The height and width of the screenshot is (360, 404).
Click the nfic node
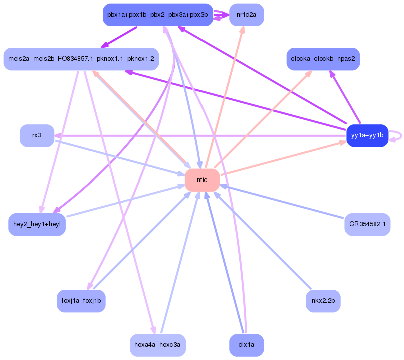coord(203,180)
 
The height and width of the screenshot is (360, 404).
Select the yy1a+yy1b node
coord(367,136)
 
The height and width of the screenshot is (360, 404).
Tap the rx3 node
coord(37,136)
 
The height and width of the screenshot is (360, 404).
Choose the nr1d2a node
coord(246,15)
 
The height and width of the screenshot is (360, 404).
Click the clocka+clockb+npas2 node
coord(323,59)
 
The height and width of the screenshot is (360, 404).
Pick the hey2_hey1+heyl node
coord(37,224)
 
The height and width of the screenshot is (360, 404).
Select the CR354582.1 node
coord(367,224)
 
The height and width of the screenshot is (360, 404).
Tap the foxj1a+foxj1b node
coord(81,301)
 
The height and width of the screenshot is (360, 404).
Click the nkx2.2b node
coord(323,301)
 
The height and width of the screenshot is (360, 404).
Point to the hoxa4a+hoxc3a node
coord(158,345)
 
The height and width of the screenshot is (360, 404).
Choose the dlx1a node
coord(246,345)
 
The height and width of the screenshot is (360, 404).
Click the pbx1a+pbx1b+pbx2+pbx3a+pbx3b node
coord(158,15)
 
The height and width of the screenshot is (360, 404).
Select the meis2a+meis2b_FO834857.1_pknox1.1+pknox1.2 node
coord(81,59)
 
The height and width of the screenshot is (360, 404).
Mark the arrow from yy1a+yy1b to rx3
coord(200,136)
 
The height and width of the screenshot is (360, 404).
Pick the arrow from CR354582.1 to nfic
coord(282,201)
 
